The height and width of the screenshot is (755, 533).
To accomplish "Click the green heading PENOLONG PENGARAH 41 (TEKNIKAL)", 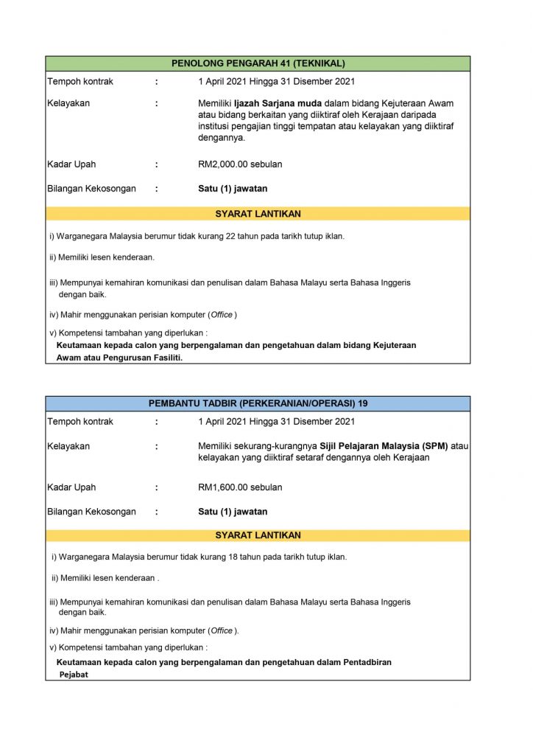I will click(258, 63).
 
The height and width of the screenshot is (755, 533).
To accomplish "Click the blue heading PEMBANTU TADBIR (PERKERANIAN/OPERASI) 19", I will click(258, 403).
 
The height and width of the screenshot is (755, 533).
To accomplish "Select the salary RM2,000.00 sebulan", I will click(240, 164).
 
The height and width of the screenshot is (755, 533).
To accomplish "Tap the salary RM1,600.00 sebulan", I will click(240, 487).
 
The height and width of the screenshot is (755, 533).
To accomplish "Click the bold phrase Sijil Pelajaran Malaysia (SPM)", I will click(384, 446).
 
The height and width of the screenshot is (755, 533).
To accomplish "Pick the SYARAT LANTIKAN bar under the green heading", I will click(258, 214).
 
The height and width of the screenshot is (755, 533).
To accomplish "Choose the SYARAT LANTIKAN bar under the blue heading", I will click(258, 535).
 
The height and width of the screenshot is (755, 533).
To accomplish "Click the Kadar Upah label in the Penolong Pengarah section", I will click(71, 164).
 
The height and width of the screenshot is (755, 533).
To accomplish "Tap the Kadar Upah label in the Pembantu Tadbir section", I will click(71, 487).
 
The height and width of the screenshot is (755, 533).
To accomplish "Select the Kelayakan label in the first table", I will click(68, 104).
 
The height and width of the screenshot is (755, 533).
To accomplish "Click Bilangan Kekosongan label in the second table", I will click(91, 512).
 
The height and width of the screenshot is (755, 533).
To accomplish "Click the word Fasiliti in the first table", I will click(165, 358).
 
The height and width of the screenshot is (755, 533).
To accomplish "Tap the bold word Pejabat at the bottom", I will click(74, 674).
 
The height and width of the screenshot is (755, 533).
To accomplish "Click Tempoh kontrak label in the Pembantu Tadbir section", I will click(80, 422).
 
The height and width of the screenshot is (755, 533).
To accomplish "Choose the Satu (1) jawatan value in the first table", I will click(233, 189).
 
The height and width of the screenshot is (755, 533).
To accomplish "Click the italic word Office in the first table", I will click(222, 315).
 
